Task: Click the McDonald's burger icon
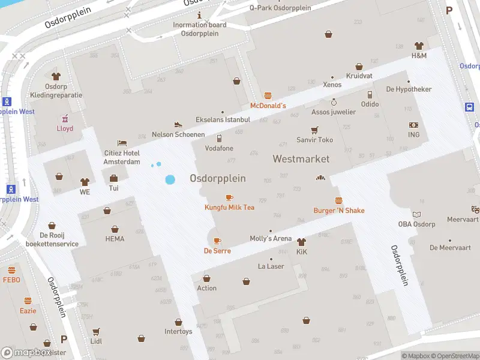[268, 95]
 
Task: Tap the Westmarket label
[301, 159]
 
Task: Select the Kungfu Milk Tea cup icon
[229, 197]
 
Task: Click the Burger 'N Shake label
[338, 211]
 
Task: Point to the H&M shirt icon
[419, 46]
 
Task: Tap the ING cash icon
[413, 125]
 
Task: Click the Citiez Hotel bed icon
[122, 143]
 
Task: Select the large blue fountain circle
[170, 179]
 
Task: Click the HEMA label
[115, 239]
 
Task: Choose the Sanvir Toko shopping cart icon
[314, 130]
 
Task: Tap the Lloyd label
[65, 128]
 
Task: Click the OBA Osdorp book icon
[416, 214]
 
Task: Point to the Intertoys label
[178, 331]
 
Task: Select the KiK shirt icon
[301, 242]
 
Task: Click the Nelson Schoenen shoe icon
[178, 124]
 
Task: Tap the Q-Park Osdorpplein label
[280, 8]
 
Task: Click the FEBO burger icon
[11, 270]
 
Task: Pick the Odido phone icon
[370, 94]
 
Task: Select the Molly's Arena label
[270, 238]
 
